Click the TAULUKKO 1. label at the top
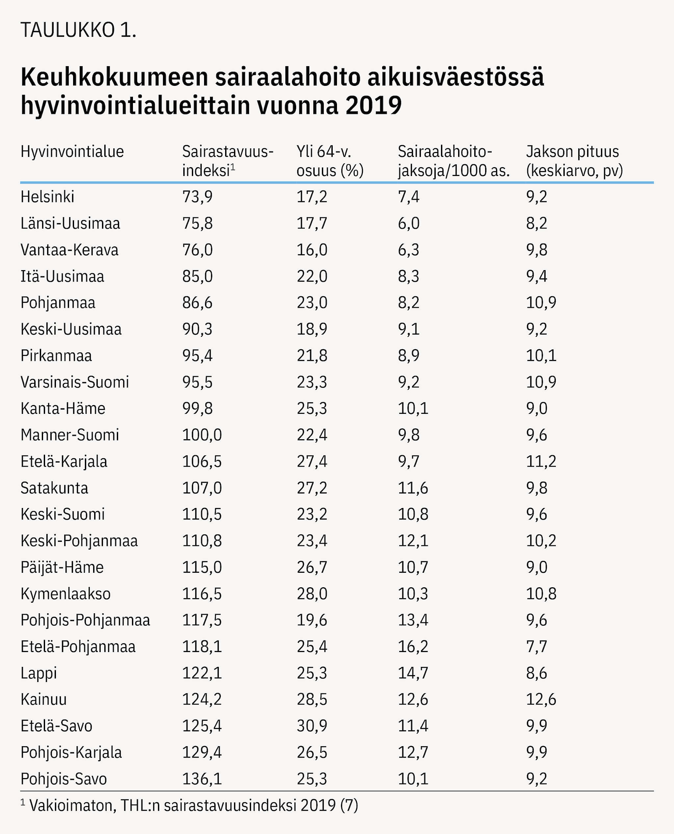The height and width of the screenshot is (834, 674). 78,30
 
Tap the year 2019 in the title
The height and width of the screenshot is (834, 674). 374,105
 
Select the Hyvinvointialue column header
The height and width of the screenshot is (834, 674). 72,151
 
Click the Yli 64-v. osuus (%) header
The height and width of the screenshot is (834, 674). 330,161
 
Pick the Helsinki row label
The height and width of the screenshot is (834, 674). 47,197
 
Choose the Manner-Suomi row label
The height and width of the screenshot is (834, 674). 70,435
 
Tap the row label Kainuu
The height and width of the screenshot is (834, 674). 44,699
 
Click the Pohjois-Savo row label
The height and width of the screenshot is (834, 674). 64,779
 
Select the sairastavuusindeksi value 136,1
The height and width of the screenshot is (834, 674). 202,779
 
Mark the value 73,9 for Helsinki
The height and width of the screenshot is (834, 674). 197,197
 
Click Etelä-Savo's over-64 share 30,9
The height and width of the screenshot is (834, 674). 312,726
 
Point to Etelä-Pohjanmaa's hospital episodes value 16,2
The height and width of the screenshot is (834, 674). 413,646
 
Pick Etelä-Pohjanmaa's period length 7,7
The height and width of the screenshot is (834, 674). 536,646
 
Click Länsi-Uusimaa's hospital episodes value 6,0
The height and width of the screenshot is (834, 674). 408,223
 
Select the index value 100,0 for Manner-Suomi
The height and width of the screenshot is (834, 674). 202,435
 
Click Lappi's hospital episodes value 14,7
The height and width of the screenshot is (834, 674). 413,673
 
